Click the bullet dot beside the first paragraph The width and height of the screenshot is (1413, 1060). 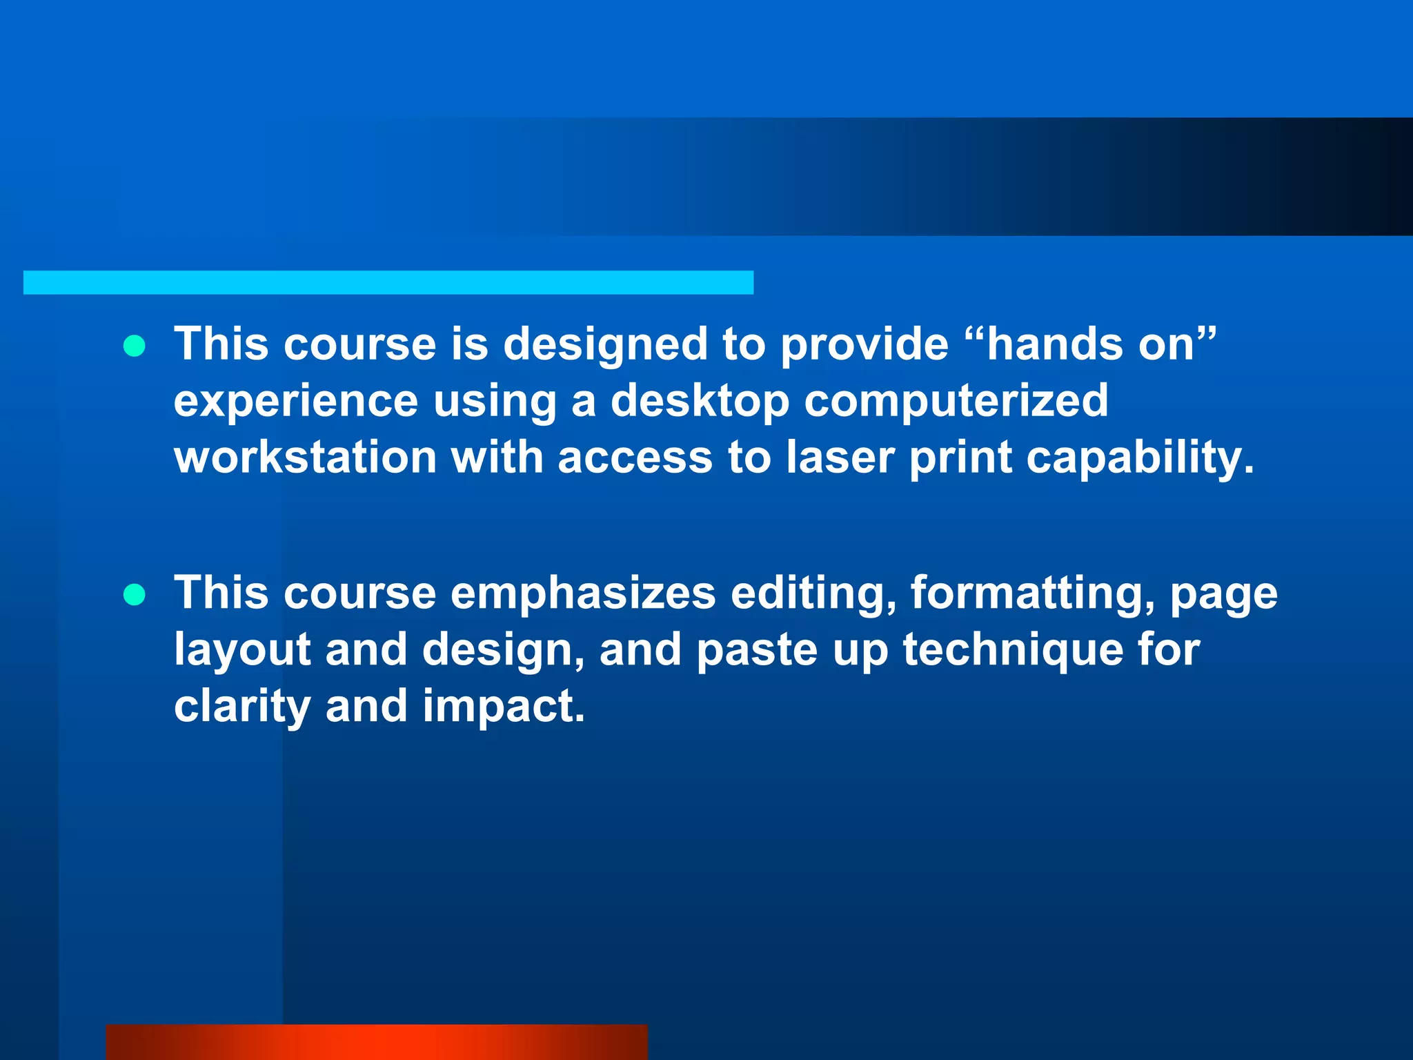coord(135,346)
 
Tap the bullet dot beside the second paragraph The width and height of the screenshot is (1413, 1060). coord(135,594)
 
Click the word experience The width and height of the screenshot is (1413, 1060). coord(296,402)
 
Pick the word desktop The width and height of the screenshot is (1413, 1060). coord(700,400)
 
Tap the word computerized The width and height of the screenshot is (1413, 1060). coord(956,400)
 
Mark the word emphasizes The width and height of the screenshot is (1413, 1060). coord(583,593)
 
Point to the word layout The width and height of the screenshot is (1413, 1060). coord(242,650)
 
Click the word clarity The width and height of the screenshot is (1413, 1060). coord(242,707)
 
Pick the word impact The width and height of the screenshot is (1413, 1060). coord(503,707)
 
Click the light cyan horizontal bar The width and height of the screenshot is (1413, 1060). coord(388,282)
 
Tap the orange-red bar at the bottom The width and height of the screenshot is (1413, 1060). coord(377,1042)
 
